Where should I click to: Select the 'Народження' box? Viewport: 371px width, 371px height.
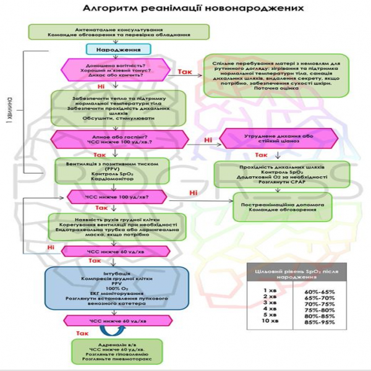[x=110, y=49]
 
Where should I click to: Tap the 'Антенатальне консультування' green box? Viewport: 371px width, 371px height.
[x=119, y=32]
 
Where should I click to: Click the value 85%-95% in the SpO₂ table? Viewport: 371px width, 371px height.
[x=319, y=321]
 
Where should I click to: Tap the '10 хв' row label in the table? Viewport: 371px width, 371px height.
[x=268, y=321]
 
